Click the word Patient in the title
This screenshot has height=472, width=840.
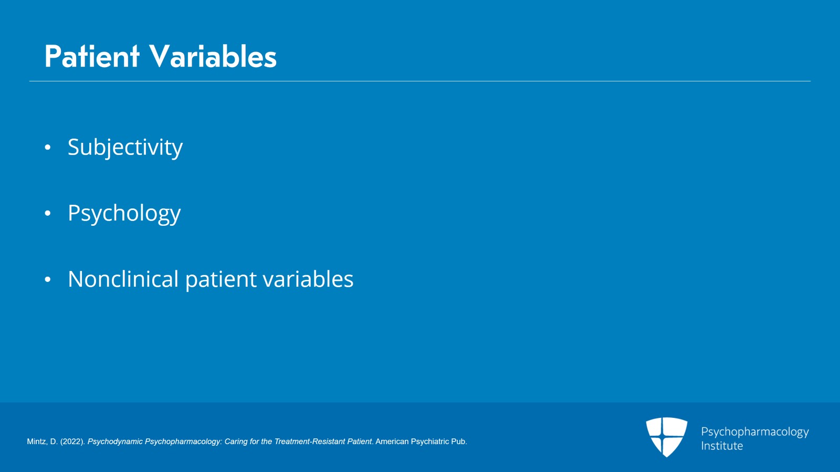point(92,56)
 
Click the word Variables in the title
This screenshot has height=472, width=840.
point(213,56)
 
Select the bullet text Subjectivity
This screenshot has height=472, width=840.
point(125,148)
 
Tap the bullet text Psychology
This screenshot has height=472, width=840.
point(124,213)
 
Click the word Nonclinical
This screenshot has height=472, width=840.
point(123,279)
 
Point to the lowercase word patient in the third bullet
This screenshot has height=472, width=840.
point(221,280)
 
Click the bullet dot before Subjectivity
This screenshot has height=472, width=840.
point(48,148)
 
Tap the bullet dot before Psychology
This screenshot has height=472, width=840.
point(48,213)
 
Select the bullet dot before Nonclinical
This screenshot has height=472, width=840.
point(48,279)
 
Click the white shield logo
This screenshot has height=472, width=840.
point(667,437)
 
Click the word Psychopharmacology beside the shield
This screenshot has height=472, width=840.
point(755,432)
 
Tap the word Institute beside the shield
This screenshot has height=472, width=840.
point(722,446)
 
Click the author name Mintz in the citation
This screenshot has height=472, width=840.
point(36,442)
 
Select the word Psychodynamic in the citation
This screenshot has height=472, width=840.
point(115,442)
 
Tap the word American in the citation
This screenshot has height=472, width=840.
point(392,442)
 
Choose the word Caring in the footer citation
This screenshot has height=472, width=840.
point(236,442)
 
